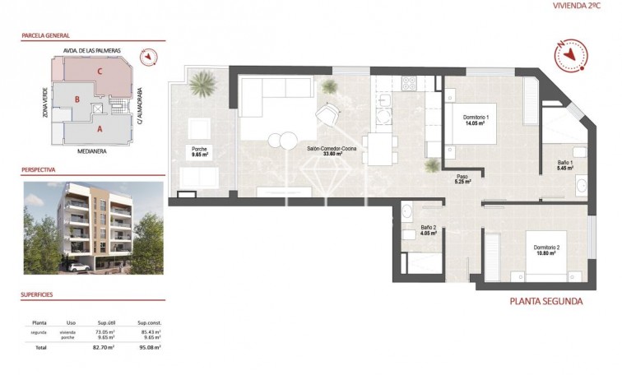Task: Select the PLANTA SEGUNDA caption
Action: (x=546, y=301)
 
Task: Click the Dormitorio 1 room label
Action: (x=476, y=120)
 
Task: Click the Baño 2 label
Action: (x=428, y=229)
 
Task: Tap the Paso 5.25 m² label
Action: (x=463, y=179)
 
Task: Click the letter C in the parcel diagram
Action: (x=100, y=71)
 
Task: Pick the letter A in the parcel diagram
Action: (x=100, y=129)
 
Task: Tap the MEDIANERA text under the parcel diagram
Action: (x=94, y=151)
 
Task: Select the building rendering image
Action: (x=93, y=227)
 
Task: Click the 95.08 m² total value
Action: (x=149, y=348)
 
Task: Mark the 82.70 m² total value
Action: (x=102, y=348)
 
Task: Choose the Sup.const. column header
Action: (x=149, y=323)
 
